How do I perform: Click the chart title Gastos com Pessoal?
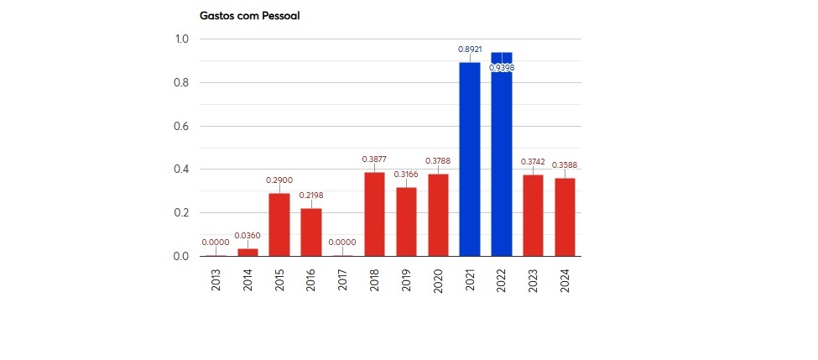249,15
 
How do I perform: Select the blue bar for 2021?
470,159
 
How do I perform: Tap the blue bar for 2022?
502,159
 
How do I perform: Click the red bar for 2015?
279,224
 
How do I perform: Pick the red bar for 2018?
374,214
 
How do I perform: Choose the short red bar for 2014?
247,252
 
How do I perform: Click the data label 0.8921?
470,50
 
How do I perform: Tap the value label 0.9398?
502,68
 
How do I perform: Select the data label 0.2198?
311,196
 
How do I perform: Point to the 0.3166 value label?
406,175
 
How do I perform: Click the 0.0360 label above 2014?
247,236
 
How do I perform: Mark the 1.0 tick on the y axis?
181,39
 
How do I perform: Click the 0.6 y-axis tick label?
181,127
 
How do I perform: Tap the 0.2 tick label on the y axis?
181,213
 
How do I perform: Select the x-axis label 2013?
216,280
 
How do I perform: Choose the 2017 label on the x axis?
343,280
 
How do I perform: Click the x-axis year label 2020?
438,280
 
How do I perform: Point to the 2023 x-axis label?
534,280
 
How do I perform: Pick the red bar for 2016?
311,232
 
